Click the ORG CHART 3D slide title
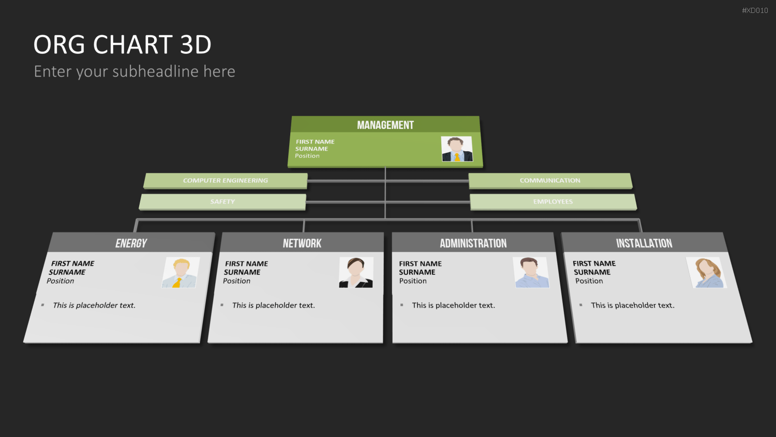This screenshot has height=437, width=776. click(x=122, y=45)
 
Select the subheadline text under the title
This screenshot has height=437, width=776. click(x=135, y=71)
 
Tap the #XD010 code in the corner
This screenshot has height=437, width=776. click(x=755, y=10)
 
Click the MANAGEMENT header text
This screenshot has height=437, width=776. click(x=385, y=125)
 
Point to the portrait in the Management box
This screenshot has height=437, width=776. click(x=457, y=149)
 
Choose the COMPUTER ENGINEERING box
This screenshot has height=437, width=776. click(x=226, y=181)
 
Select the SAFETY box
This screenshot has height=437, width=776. click(x=222, y=202)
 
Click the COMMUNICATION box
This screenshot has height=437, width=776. click(x=550, y=181)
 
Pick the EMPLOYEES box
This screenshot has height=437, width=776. click(x=553, y=202)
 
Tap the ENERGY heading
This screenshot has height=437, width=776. click(x=131, y=243)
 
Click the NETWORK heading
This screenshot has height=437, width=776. click(x=302, y=243)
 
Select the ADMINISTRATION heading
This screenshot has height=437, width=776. click(x=473, y=243)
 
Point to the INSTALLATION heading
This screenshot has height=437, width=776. click(x=644, y=243)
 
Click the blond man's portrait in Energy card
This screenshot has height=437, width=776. click(x=181, y=272)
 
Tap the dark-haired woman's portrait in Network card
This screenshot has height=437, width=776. click(x=356, y=272)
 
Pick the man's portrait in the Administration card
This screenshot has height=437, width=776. click(x=531, y=272)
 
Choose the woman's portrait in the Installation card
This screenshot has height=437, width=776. click(x=706, y=272)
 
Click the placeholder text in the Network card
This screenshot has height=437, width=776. click(x=274, y=305)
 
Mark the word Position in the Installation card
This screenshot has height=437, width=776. click(x=589, y=281)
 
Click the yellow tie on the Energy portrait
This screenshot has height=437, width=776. click(x=177, y=283)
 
